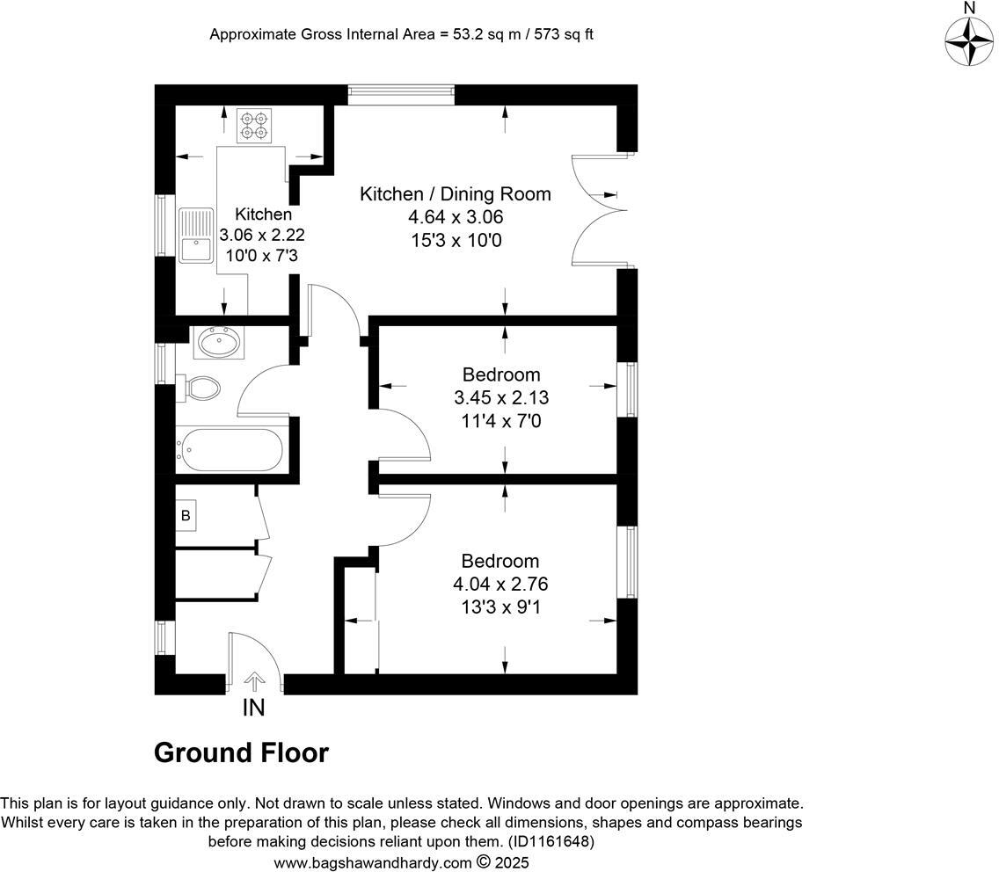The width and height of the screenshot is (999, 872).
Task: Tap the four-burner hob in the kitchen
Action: coord(253,125)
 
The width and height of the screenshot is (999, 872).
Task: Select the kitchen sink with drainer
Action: coord(196,236)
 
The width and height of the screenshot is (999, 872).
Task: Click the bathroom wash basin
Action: coord(217,342)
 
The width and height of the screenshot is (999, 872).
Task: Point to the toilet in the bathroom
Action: coord(200,387)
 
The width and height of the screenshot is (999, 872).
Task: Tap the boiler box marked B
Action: coord(186,515)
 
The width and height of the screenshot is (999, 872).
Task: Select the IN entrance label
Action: coord(253,708)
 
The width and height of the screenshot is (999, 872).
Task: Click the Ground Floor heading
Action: coord(241,753)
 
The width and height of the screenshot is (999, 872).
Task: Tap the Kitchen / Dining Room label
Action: coord(455,194)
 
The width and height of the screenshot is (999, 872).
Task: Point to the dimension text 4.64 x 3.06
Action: coord(455,217)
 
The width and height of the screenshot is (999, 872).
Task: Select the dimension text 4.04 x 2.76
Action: coord(500,584)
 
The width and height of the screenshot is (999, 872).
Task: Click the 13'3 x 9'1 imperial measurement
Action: coord(500,606)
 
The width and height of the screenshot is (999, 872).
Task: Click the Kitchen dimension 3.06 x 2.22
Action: coord(262,235)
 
